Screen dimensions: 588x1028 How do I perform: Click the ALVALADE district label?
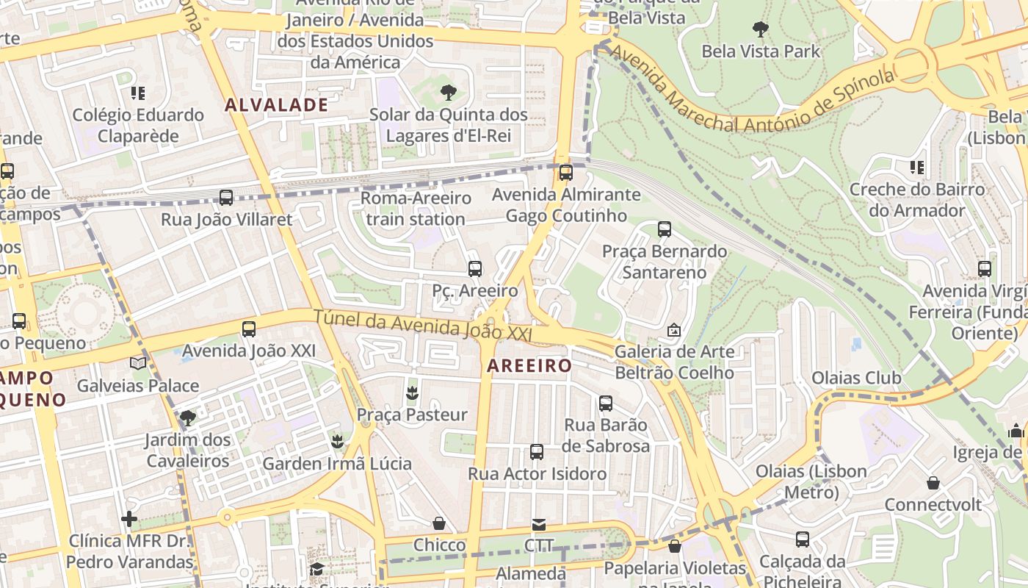(x=276, y=104)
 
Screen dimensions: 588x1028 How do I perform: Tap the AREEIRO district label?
(x=529, y=365)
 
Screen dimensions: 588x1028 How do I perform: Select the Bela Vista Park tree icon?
(x=760, y=29)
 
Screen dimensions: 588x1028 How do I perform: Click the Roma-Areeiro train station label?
(x=416, y=209)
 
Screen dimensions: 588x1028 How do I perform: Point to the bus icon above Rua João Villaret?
(x=226, y=197)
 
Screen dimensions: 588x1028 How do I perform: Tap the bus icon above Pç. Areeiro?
(x=474, y=268)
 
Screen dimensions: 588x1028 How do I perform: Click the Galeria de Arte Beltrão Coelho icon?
(x=674, y=330)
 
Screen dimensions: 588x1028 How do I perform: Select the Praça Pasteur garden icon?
(x=412, y=392)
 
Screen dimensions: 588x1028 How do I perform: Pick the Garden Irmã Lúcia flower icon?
(x=337, y=441)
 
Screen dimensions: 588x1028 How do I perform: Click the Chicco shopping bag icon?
(x=439, y=523)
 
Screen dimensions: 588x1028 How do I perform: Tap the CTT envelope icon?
(x=539, y=524)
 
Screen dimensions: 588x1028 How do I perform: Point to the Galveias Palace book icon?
(x=137, y=362)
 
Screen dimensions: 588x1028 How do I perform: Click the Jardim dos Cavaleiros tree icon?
(x=187, y=417)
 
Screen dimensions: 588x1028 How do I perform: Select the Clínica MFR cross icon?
(x=129, y=519)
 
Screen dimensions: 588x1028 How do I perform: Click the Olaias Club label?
(x=856, y=378)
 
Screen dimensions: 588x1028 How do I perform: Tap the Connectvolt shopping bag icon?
(x=933, y=483)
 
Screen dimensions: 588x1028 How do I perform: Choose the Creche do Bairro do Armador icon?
(x=916, y=168)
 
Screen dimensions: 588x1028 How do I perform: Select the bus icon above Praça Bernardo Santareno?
(x=665, y=229)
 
